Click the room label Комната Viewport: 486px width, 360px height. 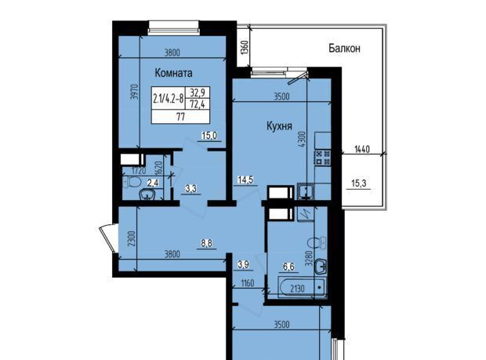[173, 73]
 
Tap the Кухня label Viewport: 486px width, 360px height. [279, 126]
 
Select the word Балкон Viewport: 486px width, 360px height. [344, 49]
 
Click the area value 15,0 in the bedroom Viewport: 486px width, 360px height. [209, 136]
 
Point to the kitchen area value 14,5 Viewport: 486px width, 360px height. [245, 180]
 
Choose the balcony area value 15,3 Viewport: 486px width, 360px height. [358, 184]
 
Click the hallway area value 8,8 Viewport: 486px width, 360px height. [206, 243]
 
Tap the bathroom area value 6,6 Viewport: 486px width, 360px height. [288, 267]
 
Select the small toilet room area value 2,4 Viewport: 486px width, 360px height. [153, 183]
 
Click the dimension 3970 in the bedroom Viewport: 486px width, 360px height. [133, 92]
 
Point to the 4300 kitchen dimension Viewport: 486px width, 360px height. [303, 140]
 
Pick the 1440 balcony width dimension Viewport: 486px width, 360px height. [361, 149]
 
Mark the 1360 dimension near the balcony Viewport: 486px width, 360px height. [245, 47]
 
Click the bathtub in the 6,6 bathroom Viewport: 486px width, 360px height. [302, 288]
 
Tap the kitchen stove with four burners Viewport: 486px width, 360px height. [323, 158]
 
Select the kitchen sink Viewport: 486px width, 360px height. [306, 191]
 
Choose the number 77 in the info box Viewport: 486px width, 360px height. [180, 117]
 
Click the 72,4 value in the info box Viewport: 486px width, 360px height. [198, 104]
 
